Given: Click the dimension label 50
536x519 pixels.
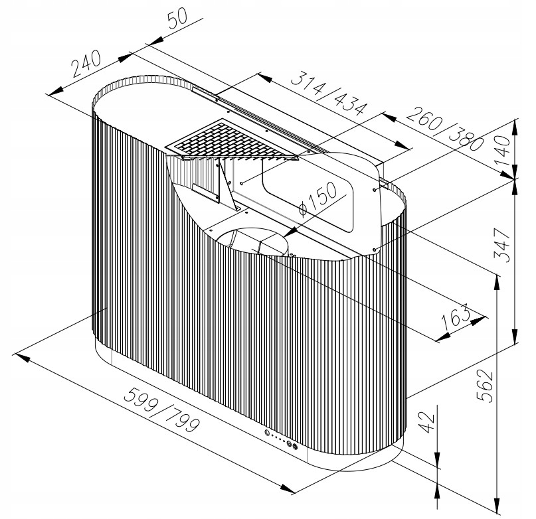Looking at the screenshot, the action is click(x=178, y=18).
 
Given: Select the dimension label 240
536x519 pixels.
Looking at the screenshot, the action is click(x=86, y=63).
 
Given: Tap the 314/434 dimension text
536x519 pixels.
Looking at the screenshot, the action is click(x=329, y=93).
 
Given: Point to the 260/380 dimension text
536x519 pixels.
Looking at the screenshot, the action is click(x=446, y=129).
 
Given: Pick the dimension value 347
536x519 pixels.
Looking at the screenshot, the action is click(x=502, y=245).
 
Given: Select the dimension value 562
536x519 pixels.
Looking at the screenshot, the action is click(x=485, y=386).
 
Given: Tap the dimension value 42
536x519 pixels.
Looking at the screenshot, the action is click(x=427, y=423).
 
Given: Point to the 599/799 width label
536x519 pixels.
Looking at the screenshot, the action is click(x=161, y=409).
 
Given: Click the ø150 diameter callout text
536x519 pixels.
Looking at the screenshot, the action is click(x=317, y=199).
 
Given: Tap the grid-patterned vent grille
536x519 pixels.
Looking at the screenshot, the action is click(x=232, y=140).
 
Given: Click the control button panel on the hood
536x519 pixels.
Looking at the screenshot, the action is click(x=281, y=439).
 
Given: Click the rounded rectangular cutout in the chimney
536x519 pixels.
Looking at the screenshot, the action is click(x=308, y=195).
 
